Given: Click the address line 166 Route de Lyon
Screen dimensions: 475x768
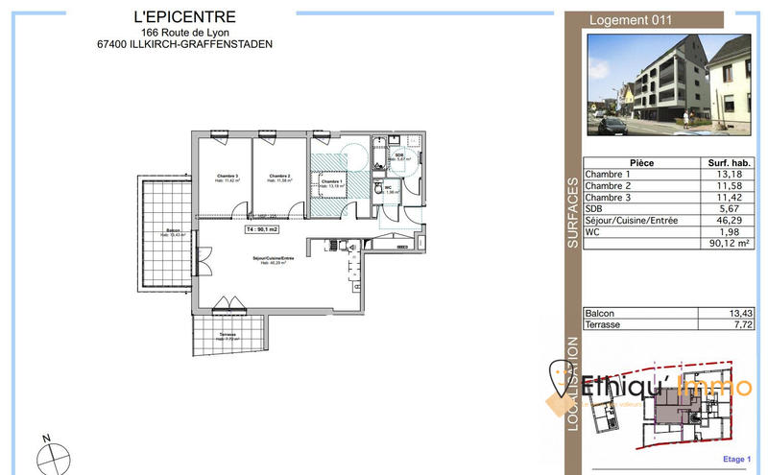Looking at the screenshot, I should click(190, 31).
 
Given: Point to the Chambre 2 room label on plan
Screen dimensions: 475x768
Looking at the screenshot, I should click(280, 178).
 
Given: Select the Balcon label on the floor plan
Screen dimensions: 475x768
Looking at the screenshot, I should click(174, 231).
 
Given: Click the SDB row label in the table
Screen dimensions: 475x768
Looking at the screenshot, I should click(595, 209).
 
